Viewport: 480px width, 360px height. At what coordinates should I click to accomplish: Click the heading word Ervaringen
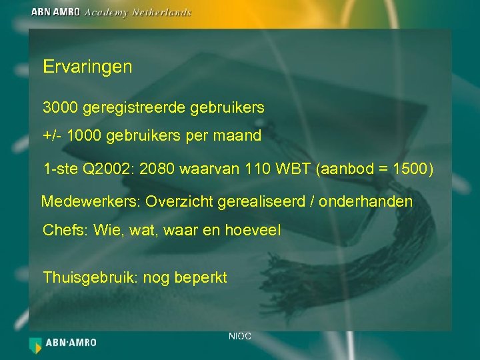click(87, 67)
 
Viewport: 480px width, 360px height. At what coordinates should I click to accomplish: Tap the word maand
click(239, 137)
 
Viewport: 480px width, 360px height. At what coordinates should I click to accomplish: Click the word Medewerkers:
click(91, 201)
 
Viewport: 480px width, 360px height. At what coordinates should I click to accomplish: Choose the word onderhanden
click(366, 201)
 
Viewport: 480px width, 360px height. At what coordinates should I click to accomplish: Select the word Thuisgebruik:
click(90, 277)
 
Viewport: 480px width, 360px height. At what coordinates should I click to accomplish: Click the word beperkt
click(201, 277)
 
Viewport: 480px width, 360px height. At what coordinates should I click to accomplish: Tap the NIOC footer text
click(240, 337)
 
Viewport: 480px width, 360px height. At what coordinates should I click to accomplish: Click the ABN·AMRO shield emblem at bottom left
click(35, 344)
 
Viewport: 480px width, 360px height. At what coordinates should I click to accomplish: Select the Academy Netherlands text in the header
click(138, 12)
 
